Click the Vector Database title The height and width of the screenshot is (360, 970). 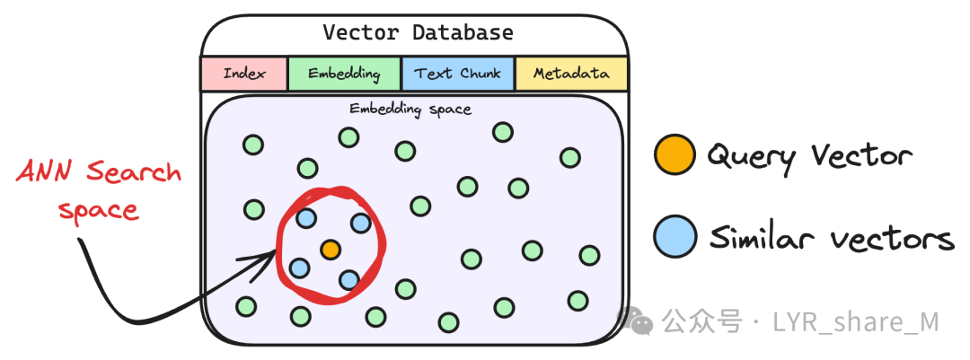[418, 33]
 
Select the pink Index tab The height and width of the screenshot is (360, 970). [244, 74]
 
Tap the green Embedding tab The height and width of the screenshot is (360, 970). [344, 74]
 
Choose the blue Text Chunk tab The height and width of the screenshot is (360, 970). [458, 74]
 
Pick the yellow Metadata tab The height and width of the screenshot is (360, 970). [571, 74]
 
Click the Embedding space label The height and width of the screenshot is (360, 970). [410, 110]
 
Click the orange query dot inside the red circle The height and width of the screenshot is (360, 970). [331, 248]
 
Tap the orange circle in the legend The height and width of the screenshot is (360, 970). [675, 154]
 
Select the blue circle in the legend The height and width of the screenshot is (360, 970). [675, 238]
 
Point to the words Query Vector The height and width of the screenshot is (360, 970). [808, 156]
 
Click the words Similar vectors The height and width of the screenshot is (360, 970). [831, 239]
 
